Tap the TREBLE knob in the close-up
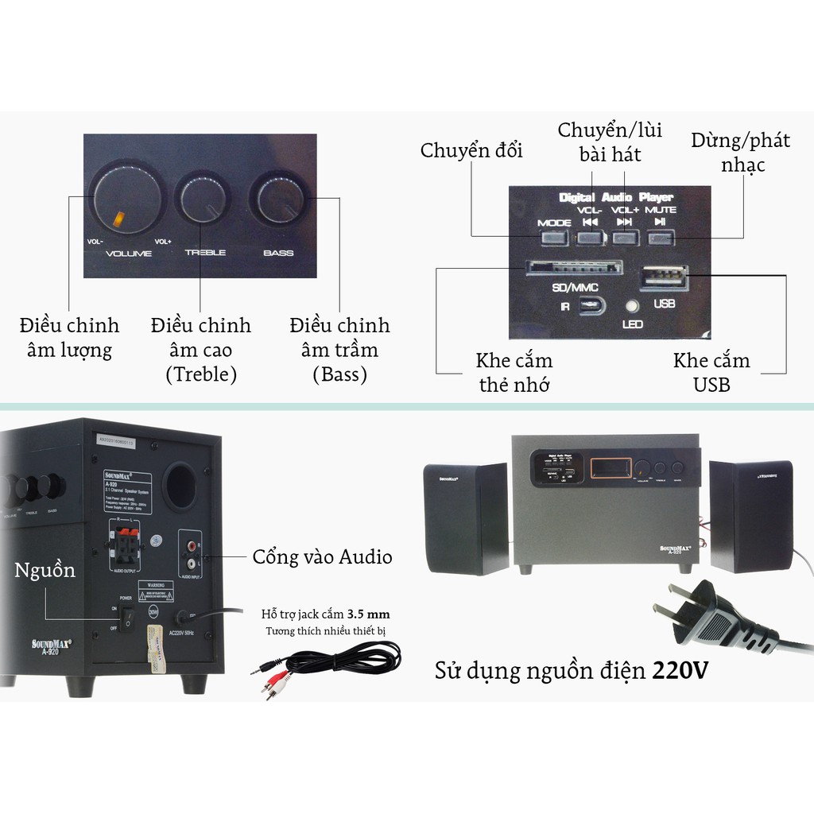point(203,200)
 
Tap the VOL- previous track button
point(590,236)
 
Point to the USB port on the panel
point(664,277)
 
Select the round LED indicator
point(633,305)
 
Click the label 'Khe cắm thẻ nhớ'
point(514,373)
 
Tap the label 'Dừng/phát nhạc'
point(740,152)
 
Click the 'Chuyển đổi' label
point(472,150)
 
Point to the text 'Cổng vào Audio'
point(322,557)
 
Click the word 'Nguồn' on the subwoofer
point(45,570)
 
